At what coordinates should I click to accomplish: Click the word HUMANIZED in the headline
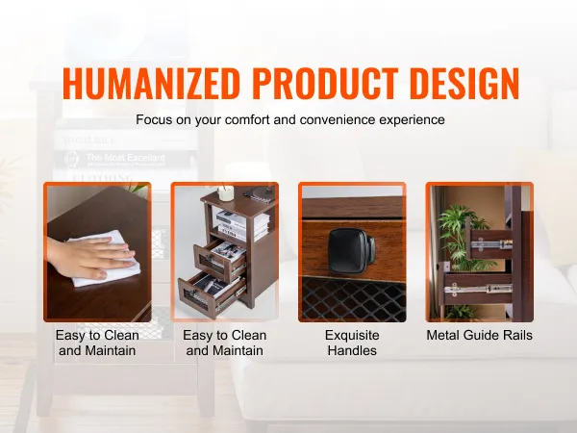[x=151, y=84]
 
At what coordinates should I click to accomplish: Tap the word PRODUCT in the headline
[x=325, y=84]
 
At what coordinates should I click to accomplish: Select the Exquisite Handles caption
[x=352, y=343]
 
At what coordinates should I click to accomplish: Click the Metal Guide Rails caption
[x=480, y=336]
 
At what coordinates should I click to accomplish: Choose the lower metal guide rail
[x=478, y=290]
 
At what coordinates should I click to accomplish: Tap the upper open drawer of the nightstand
[x=220, y=260]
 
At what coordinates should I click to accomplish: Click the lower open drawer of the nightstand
[x=212, y=291]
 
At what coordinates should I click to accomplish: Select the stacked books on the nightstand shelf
[x=242, y=224]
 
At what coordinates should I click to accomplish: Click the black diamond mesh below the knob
[x=353, y=299]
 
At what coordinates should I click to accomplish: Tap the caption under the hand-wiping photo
[x=97, y=343]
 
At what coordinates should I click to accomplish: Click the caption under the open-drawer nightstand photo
[x=224, y=343]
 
